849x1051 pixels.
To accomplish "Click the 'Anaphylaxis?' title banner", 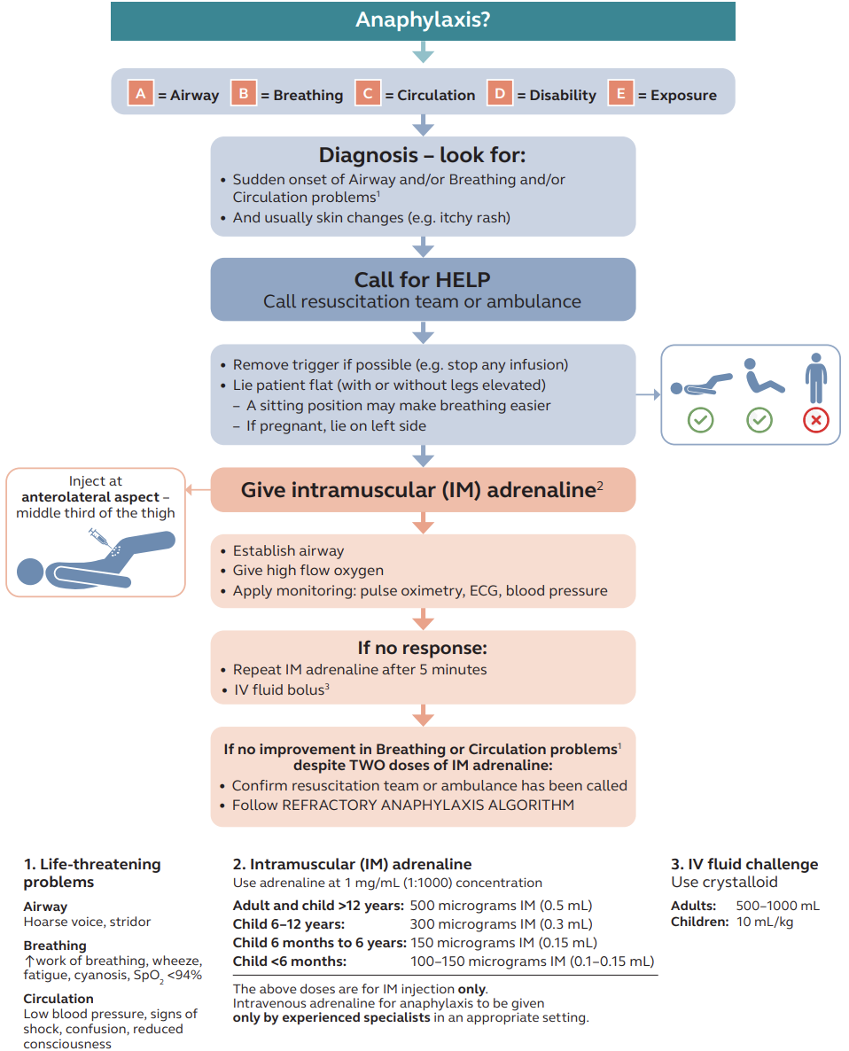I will coord(423,19).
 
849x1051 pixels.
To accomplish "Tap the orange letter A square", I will coord(141,94).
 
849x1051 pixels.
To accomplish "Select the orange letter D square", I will coord(500,94).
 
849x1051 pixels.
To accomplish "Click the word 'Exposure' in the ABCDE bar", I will coord(683,96).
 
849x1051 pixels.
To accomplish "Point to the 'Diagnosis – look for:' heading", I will coord(423,156).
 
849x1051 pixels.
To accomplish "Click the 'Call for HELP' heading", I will coord(423,280).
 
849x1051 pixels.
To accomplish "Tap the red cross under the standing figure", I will coord(815,420).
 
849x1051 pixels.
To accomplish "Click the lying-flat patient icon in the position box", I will coord(701,384).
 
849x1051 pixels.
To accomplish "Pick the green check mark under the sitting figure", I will coord(759,420).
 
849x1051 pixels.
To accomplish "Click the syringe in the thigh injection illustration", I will coord(98,537).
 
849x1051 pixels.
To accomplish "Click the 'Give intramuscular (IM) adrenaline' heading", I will coord(417,490).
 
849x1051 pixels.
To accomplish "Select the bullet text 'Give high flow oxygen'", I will coord(308,571).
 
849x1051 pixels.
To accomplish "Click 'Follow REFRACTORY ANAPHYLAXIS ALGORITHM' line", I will coord(403,805).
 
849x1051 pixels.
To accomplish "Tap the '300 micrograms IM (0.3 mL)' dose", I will coord(501,924).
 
